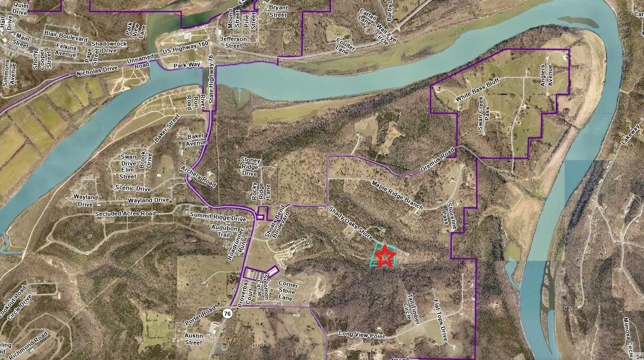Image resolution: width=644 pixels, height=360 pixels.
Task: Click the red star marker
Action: pos(386,256)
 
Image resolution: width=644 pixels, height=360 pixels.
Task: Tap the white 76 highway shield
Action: pos(227,313)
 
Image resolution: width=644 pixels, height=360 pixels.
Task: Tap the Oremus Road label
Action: pos(437,163)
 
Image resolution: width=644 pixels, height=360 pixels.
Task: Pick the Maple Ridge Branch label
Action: pos(397,195)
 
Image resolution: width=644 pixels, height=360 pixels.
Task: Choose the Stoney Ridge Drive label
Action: pos(250,166)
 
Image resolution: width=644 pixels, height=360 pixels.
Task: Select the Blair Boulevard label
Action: pos(66,38)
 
